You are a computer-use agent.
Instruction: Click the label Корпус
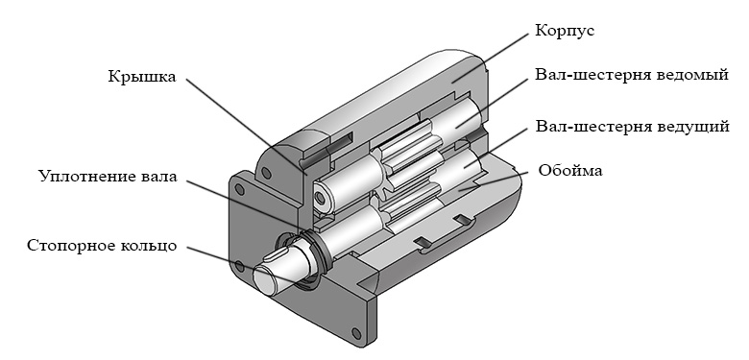coord(564,31)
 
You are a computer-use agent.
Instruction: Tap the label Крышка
coord(142,77)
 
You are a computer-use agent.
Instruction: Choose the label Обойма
coord(569,171)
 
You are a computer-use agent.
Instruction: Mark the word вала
coord(160,177)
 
